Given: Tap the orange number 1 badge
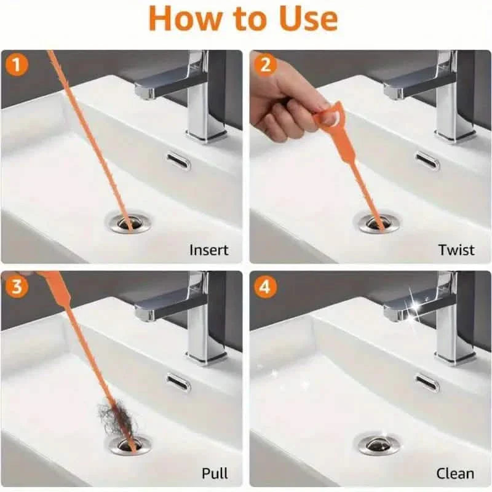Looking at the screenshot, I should click(x=17, y=64).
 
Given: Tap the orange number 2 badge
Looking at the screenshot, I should click(x=265, y=64).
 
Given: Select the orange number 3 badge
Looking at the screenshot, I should click(x=17, y=285).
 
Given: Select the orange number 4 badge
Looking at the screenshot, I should click(x=265, y=287).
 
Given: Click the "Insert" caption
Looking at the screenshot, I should click(x=208, y=250).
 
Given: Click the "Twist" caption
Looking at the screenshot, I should click(x=456, y=250).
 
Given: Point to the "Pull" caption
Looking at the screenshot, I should click(x=215, y=473).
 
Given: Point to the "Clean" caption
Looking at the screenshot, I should click(x=454, y=473).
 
